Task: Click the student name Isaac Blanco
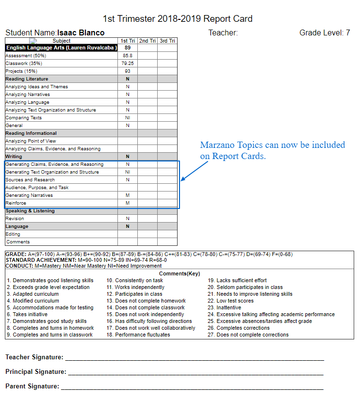click(x=81, y=33)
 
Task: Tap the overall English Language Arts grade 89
click(x=128, y=48)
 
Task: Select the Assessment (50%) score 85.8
click(x=128, y=56)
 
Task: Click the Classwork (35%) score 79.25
click(x=128, y=64)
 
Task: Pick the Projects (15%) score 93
click(x=128, y=71)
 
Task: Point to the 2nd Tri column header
click(x=147, y=41)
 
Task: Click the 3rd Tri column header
click(x=167, y=41)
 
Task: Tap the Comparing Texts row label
click(x=24, y=118)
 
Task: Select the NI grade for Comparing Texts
click(x=128, y=118)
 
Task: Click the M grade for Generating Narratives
click(x=128, y=195)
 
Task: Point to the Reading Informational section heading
click(x=31, y=133)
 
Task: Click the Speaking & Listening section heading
click(x=30, y=211)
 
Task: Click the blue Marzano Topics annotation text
click(x=273, y=150)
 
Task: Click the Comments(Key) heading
click(x=180, y=273)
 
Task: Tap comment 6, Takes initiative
click(x=30, y=314)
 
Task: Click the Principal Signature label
click(x=36, y=372)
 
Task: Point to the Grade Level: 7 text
click(x=325, y=33)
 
